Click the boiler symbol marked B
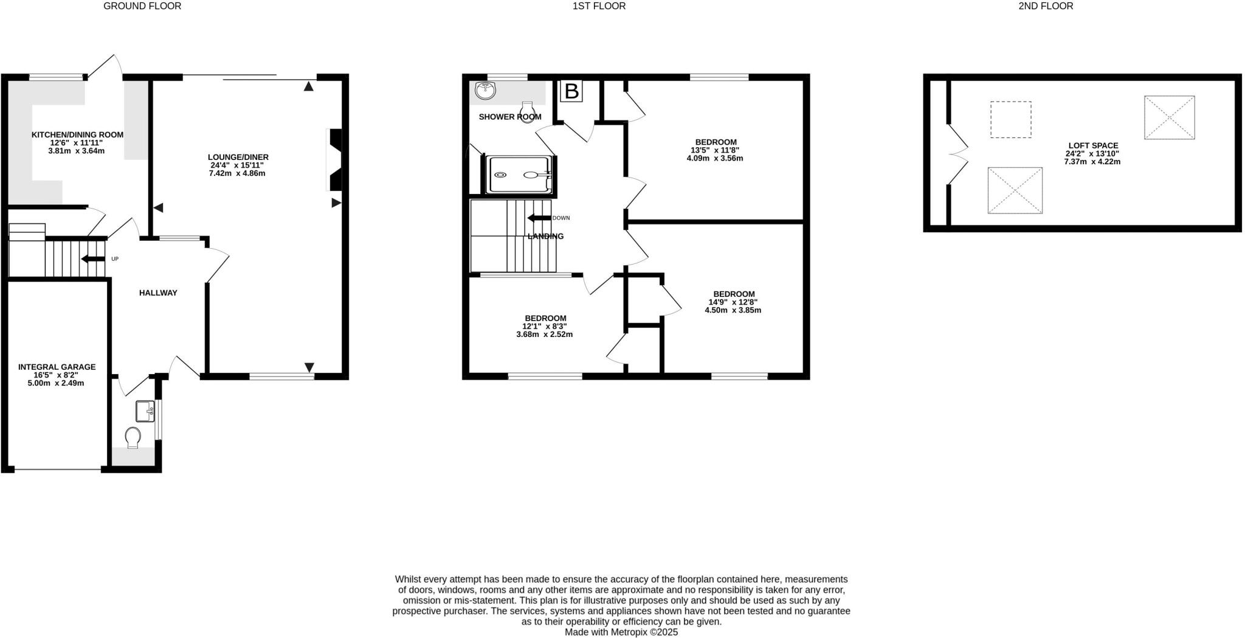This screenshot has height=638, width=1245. coord(571,91)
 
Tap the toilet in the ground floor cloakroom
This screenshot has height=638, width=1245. coord(133,437)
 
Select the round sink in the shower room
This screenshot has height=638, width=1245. coord(486,91)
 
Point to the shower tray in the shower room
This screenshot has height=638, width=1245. coord(520,175)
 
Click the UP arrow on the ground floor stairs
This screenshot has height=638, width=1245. coord(93,259)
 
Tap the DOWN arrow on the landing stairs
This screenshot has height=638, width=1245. coord(539,218)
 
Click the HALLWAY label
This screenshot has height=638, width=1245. coord(158,293)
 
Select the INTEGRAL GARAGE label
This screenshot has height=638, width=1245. coord(57,367)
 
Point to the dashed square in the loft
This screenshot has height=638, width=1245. coord(1010,120)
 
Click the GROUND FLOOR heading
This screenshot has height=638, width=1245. coord(142,6)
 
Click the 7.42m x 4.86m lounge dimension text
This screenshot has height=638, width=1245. coord(238,173)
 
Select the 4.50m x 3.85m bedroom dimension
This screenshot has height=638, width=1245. coord(733,310)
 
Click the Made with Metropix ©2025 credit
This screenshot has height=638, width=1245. coord(621,632)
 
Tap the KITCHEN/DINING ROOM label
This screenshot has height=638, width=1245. coord(77,135)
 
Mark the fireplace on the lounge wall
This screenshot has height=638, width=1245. coord(334,159)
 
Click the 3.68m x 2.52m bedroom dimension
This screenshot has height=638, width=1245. coord(544,334)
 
